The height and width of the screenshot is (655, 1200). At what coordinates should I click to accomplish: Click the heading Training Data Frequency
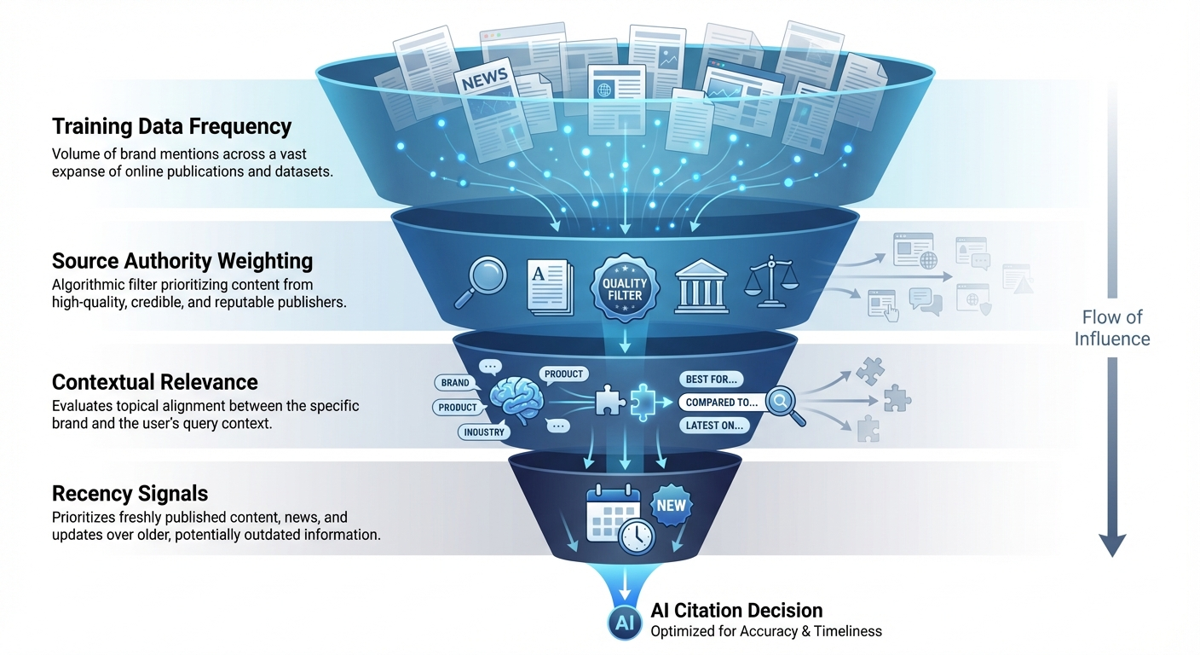tap(171, 127)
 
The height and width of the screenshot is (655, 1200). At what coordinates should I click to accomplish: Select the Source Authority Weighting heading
tap(182, 261)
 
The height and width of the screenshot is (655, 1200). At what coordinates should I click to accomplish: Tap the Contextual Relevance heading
tap(154, 381)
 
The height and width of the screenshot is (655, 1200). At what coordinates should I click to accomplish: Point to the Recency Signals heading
tap(130, 494)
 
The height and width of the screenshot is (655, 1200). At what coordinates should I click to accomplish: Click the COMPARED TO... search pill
tap(723, 402)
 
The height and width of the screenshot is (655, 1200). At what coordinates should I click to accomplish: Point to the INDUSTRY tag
tap(484, 432)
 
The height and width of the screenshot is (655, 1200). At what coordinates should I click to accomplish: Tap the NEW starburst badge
tap(671, 505)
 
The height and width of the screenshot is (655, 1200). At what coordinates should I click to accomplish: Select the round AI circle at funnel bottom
tap(624, 623)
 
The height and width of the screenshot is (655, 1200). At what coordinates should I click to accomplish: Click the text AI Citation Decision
tap(736, 611)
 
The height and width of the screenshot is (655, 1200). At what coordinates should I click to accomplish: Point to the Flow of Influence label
tap(1111, 328)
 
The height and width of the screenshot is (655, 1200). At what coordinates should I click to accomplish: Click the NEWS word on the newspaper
tap(485, 79)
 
